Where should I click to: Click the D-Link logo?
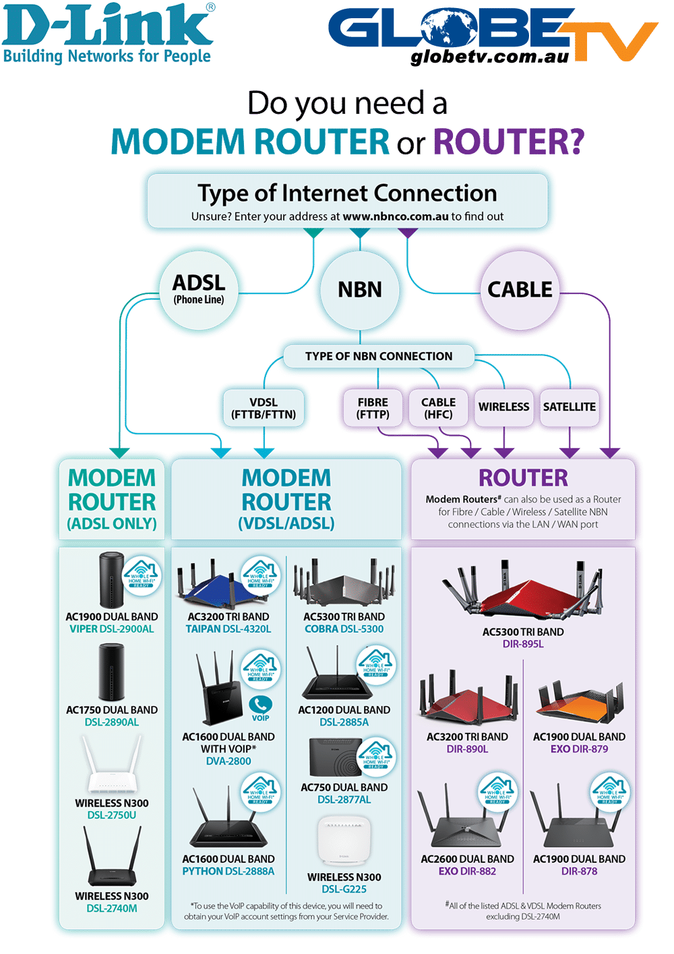pos(108,34)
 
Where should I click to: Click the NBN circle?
pos(360,290)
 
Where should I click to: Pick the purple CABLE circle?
pos(520,290)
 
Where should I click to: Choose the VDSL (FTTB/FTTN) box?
pos(264,408)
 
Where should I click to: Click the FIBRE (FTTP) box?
pos(373,408)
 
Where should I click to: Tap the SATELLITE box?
pos(569,407)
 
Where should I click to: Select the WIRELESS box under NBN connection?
pos(503,407)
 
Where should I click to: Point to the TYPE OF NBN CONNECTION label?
pos(379,356)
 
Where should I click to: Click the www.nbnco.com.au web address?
pos(396,216)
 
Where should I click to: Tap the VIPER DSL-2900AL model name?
pos(112,629)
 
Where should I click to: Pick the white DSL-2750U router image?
pos(112,765)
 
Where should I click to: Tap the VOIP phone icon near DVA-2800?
pos(261,705)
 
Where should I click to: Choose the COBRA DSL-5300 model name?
pos(344,629)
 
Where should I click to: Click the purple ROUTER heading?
pos(523,478)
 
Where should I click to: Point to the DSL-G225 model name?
pos(344,889)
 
